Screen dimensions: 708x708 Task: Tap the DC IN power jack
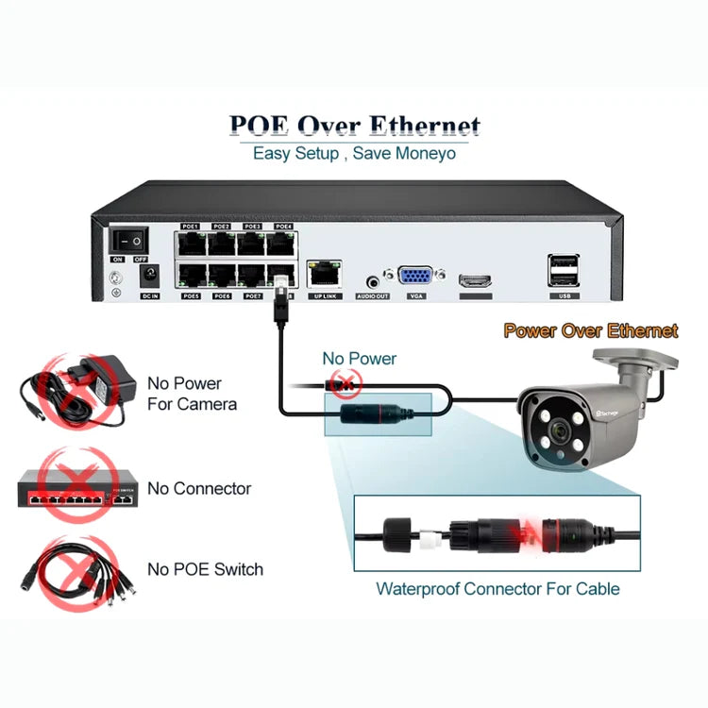pyautogui.click(x=148, y=277)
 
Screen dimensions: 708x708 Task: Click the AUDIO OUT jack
pyautogui.click(x=372, y=279)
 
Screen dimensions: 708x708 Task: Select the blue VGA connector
pyautogui.click(x=416, y=278)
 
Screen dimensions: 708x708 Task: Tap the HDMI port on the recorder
pyautogui.click(x=475, y=280)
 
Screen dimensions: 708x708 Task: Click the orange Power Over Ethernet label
pyautogui.click(x=590, y=330)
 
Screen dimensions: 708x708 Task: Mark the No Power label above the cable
pyautogui.click(x=360, y=359)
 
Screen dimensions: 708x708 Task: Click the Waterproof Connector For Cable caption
pyautogui.click(x=497, y=589)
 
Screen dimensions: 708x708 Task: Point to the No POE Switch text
pyautogui.click(x=205, y=569)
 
